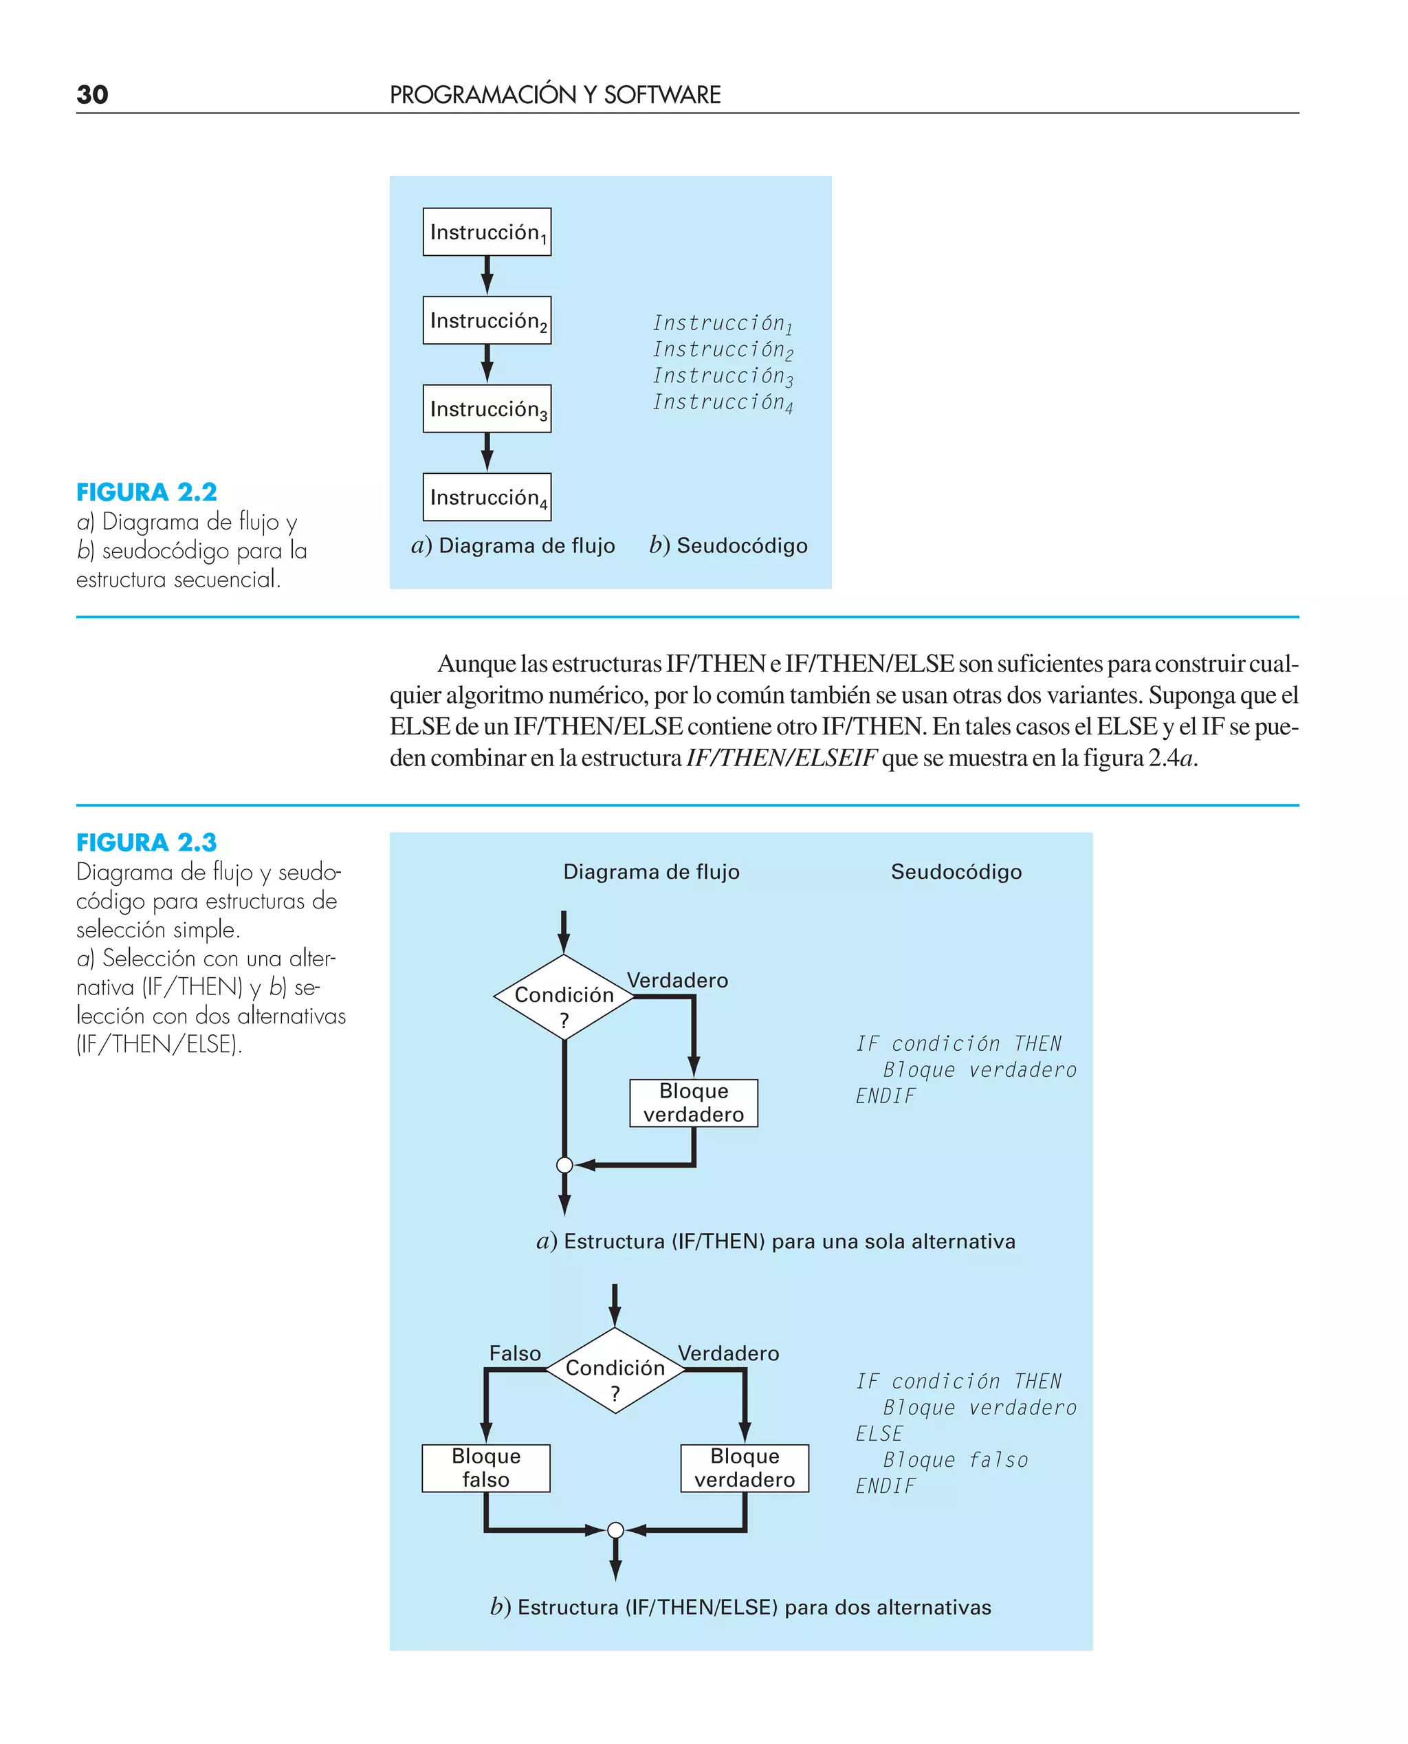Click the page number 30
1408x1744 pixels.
(x=91, y=95)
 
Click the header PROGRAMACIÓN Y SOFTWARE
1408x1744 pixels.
(x=555, y=95)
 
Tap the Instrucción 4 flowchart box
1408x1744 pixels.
(x=487, y=497)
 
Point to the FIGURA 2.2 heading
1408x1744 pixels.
(x=147, y=492)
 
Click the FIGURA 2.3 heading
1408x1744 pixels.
(x=147, y=843)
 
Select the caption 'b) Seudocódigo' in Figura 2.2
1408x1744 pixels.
(x=727, y=546)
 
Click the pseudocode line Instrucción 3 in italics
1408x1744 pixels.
(x=723, y=376)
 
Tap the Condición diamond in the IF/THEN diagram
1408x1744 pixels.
(x=564, y=997)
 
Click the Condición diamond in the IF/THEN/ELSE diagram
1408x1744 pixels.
(x=615, y=1370)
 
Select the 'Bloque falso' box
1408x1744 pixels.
(x=486, y=1468)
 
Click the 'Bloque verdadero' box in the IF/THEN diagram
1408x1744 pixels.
(x=694, y=1102)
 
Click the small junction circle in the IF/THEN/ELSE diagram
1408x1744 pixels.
(x=615, y=1530)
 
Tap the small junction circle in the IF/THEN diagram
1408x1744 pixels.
(x=564, y=1165)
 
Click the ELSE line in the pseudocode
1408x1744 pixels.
(x=879, y=1433)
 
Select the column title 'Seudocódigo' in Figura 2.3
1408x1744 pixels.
(x=956, y=872)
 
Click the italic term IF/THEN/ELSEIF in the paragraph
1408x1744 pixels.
(x=781, y=758)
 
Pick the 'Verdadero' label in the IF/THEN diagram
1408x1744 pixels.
(x=677, y=980)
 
